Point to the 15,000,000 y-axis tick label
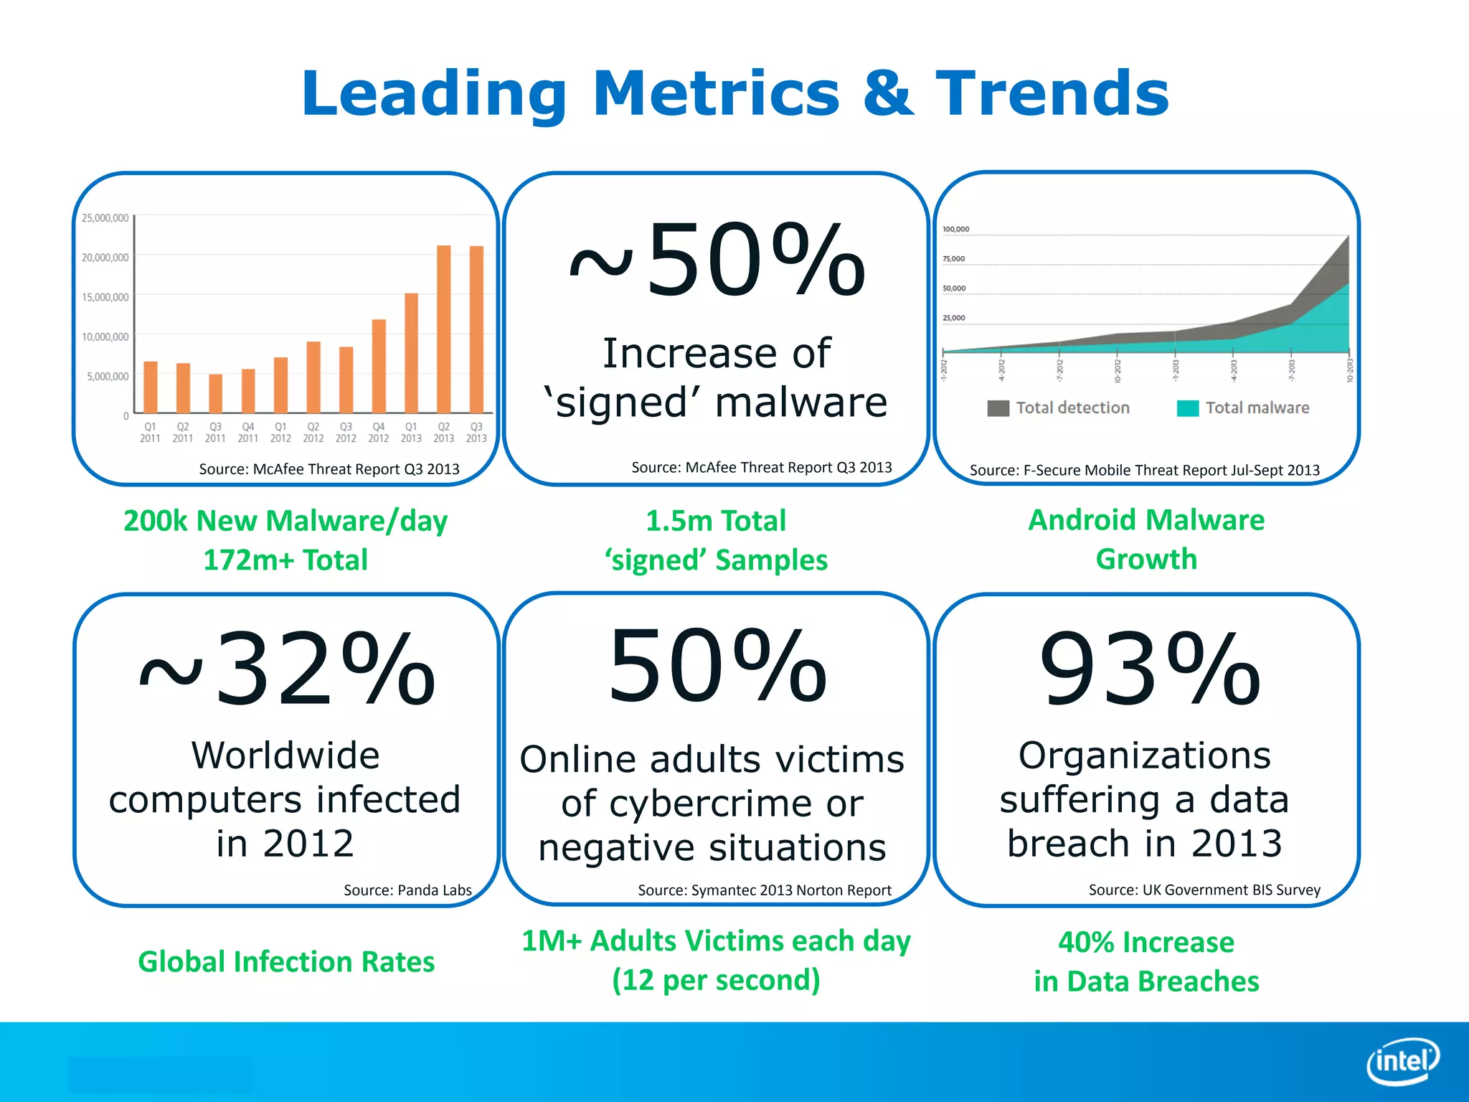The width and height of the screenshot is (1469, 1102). point(105,297)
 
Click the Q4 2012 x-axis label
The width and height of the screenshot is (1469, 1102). point(378,432)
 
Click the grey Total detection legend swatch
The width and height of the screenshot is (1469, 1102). point(998,408)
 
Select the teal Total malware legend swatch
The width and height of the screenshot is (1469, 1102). point(1188,408)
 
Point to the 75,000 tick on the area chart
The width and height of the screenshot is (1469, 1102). point(953,259)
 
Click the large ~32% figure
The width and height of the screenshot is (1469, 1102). point(287,669)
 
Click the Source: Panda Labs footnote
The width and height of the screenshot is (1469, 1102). point(407,890)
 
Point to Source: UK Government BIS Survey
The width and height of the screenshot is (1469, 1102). point(1204,890)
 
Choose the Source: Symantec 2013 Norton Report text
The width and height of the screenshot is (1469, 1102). point(764,890)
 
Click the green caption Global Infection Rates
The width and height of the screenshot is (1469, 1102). point(286,961)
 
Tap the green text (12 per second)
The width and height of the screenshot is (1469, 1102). point(716,980)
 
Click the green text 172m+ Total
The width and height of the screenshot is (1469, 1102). point(285,560)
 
